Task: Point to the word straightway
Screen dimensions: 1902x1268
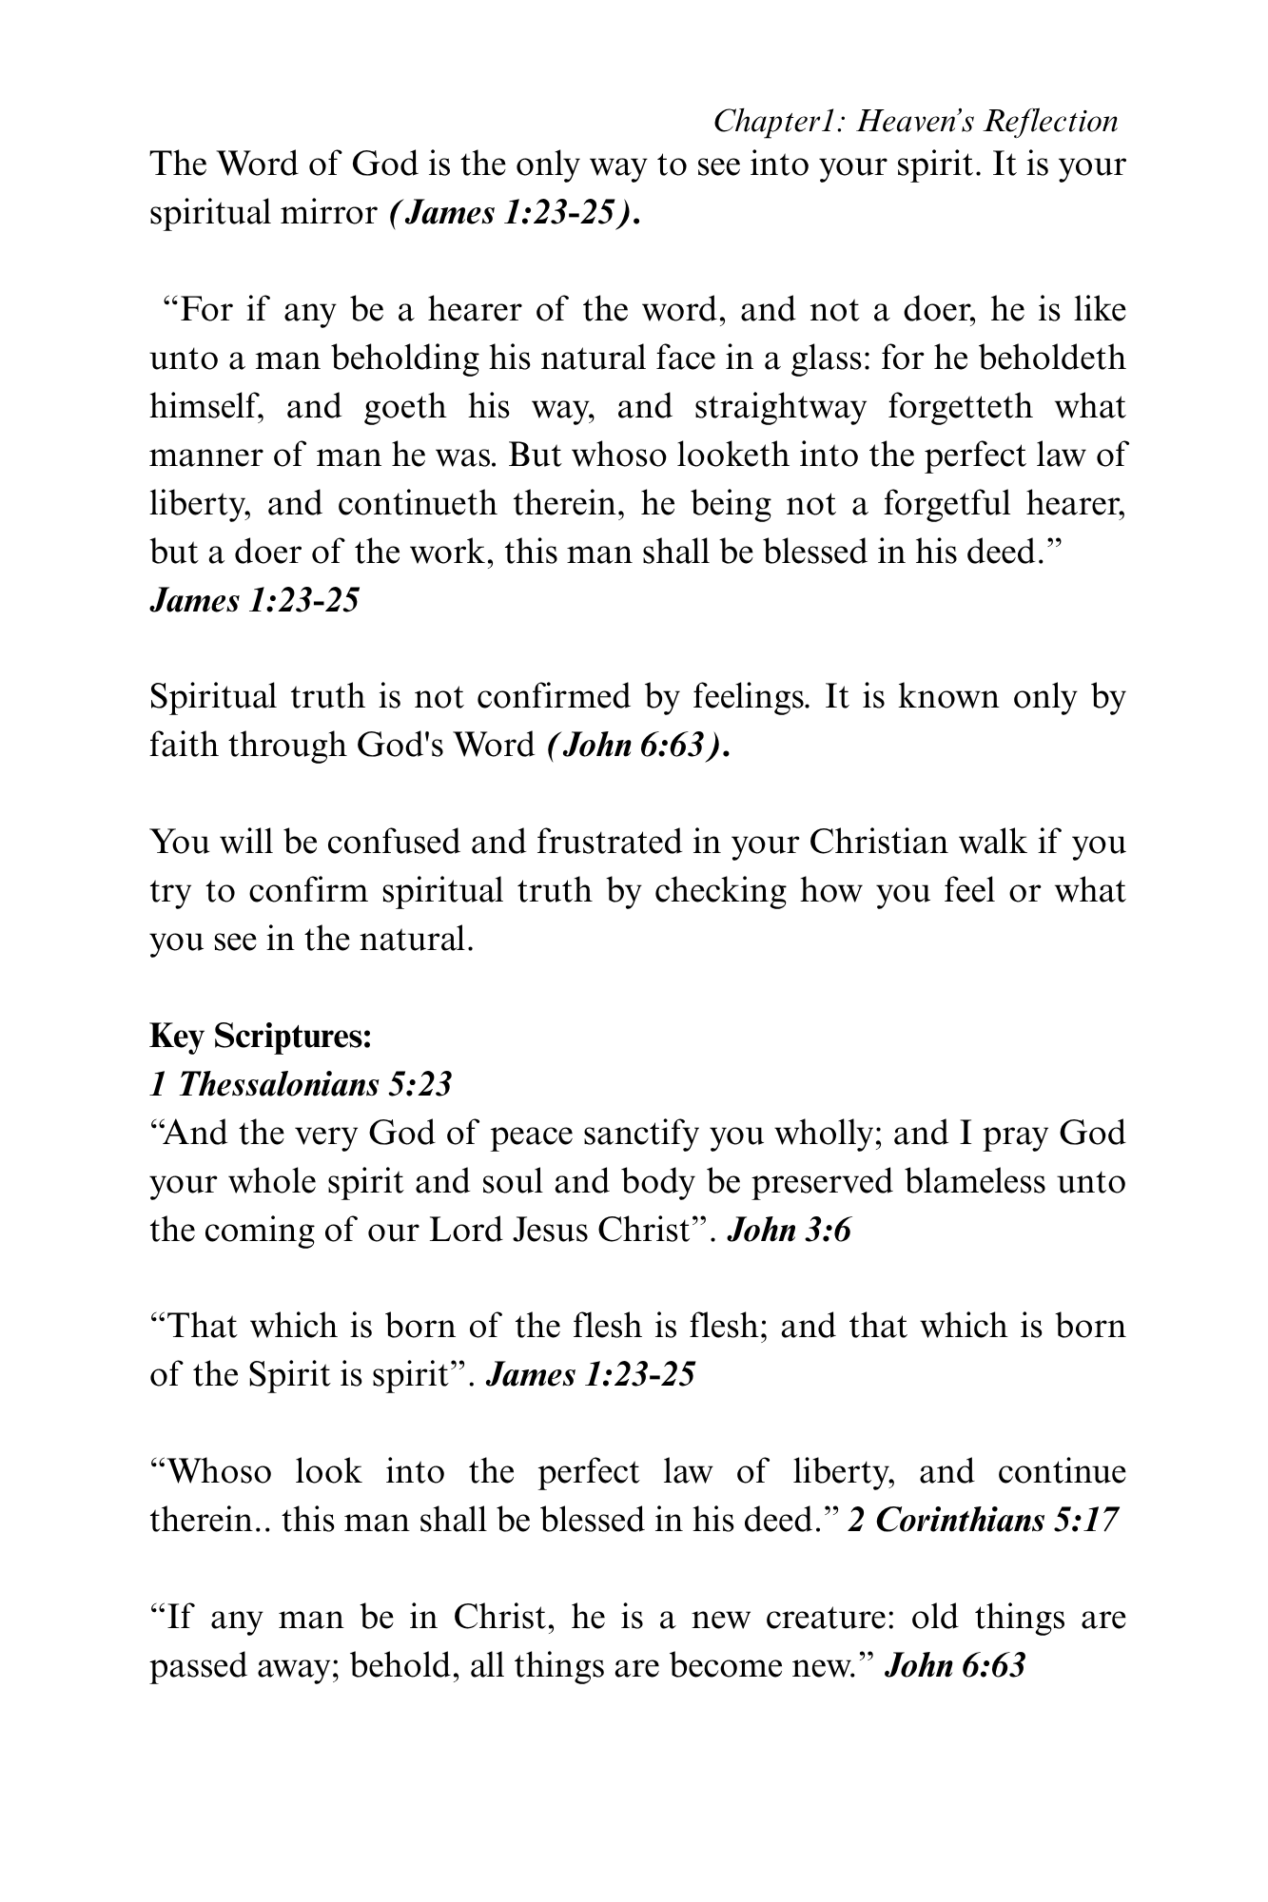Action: (x=780, y=407)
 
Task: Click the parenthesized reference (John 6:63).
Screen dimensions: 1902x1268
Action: (x=639, y=746)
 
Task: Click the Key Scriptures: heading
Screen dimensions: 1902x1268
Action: (x=261, y=1036)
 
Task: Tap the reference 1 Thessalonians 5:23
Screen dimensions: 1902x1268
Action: (x=301, y=1084)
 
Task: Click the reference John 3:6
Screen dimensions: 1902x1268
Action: (x=789, y=1231)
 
